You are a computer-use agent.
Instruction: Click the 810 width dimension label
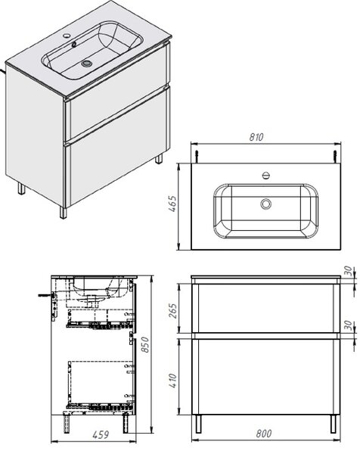point(256,137)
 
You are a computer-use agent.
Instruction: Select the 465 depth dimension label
point(172,204)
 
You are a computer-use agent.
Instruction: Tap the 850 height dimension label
point(144,344)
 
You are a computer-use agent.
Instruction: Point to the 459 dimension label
point(101,434)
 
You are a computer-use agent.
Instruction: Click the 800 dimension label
point(264,434)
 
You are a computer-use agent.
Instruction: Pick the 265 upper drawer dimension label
point(172,311)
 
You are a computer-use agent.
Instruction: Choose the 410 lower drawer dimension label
point(172,381)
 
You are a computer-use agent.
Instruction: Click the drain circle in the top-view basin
point(265,204)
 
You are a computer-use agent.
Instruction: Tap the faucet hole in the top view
point(266,176)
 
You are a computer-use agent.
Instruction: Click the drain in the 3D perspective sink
point(86,64)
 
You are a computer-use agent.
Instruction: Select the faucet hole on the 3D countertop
point(67,36)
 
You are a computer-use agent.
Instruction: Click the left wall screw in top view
point(197,157)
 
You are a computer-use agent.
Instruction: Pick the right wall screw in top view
point(335,157)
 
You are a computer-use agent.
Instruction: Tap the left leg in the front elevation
point(198,424)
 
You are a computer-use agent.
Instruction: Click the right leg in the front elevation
point(334,424)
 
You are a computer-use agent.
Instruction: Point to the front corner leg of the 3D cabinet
point(63,212)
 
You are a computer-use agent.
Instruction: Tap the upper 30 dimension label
point(349,271)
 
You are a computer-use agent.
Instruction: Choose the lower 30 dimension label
point(349,325)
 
